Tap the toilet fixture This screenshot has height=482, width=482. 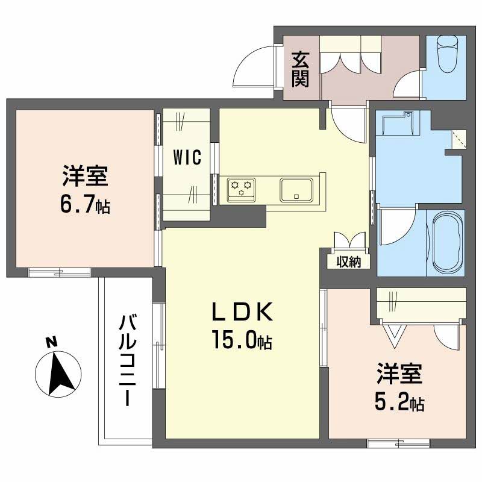coord(447,55)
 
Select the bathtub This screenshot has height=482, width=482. coord(446,241)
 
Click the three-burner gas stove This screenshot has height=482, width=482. coord(242,190)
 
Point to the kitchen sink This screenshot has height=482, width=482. coord(296,189)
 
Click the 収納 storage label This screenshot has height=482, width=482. coord(348,262)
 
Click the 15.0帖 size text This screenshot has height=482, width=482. coord(241,342)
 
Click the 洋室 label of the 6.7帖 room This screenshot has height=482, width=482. coord(84,178)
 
